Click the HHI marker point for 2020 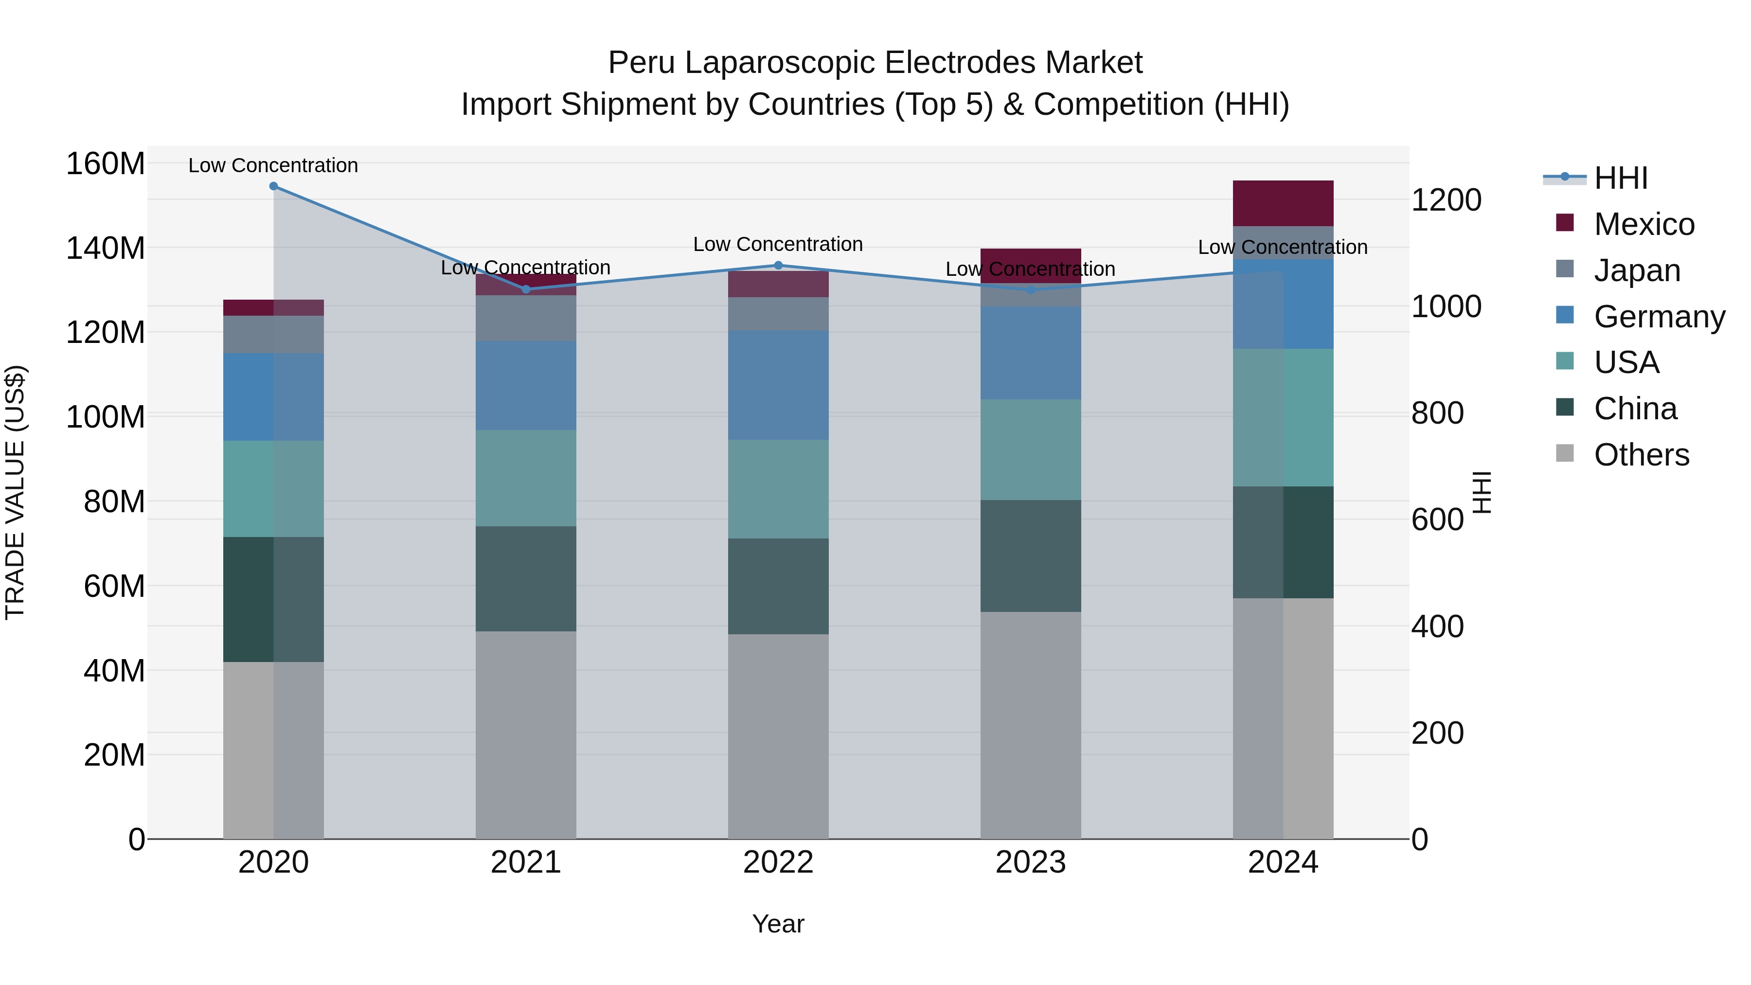[x=273, y=186]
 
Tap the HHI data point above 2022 [x=778, y=265]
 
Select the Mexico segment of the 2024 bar [x=1283, y=203]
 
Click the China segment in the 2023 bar [x=1031, y=555]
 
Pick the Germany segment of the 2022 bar [x=778, y=385]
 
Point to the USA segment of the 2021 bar [x=525, y=477]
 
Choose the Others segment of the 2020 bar [x=273, y=750]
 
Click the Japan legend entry [x=1636, y=270]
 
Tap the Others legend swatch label [x=1641, y=454]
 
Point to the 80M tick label [x=113, y=501]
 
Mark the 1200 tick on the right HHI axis [x=1446, y=200]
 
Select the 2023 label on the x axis [x=1031, y=862]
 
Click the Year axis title [x=778, y=924]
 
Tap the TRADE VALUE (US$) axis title [x=15, y=492]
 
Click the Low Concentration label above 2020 [x=273, y=165]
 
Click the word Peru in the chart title [x=641, y=63]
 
